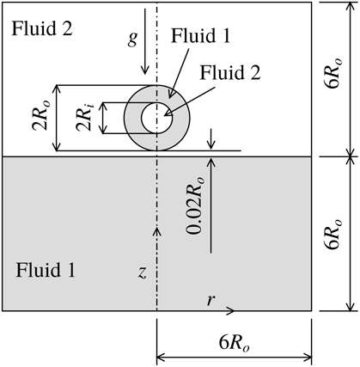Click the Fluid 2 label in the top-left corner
click(x=41, y=28)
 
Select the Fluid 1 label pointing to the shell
click(x=199, y=39)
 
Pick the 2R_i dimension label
click(x=83, y=118)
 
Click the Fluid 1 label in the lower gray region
click(x=46, y=271)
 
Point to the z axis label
click(x=143, y=273)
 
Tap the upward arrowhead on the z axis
click(x=156, y=229)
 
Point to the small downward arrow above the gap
click(x=212, y=143)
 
